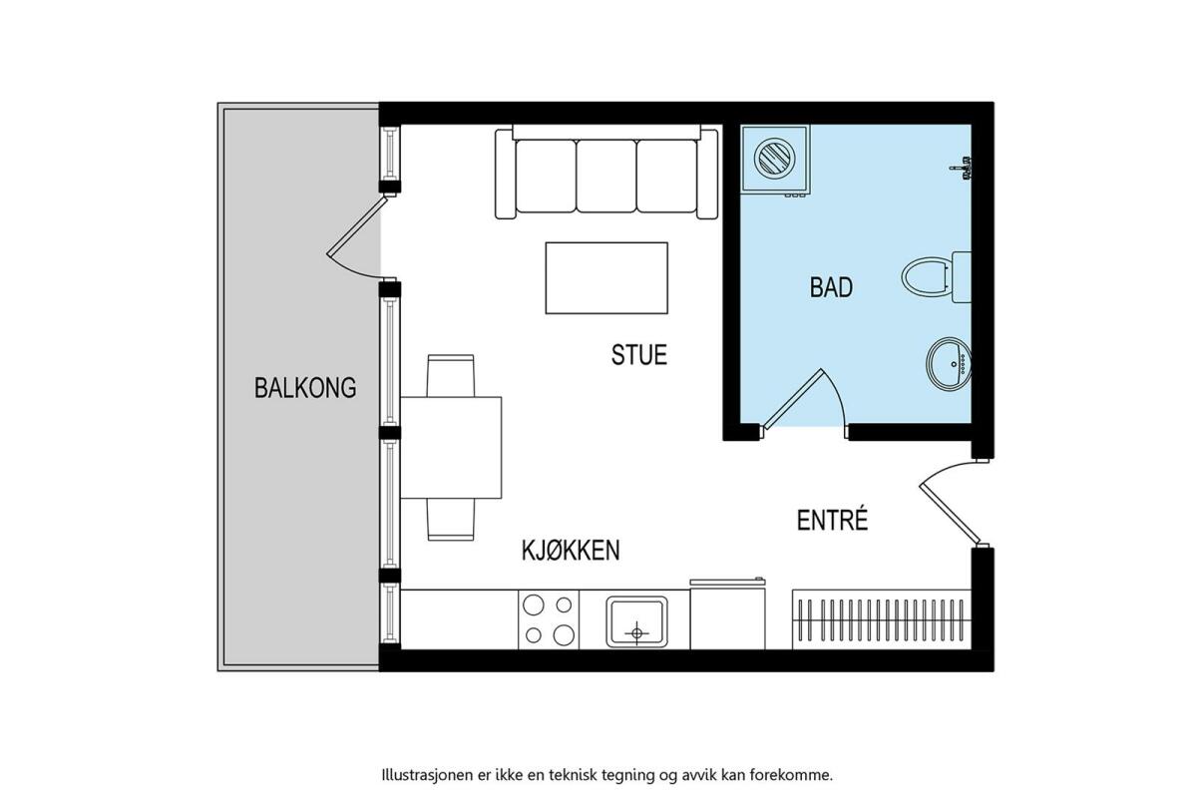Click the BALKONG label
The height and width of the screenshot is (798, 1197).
pyautogui.click(x=305, y=388)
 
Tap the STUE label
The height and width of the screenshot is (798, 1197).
pyautogui.click(x=639, y=355)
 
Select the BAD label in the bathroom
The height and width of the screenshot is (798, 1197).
pyautogui.click(x=831, y=287)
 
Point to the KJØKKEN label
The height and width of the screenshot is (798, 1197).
pyautogui.click(x=571, y=550)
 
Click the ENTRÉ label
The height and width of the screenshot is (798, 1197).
pyautogui.click(x=832, y=520)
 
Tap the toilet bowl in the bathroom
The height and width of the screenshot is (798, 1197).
pyautogui.click(x=927, y=277)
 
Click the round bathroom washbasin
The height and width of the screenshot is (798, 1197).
pyautogui.click(x=949, y=363)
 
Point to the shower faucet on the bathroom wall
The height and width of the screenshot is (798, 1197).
pyautogui.click(x=962, y=169)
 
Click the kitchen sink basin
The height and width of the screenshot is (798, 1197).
pyautogui.click(x=636, y=621)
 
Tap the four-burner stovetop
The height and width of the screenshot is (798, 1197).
pyautogui.click(x=549, y=620)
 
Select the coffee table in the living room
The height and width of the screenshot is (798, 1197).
pyautogui.click(x=606, y=278)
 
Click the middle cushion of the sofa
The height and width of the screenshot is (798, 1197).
pyautogui.click(x=606, y=176)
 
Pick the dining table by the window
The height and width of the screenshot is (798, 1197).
pyautogui.click(x=451, y=447)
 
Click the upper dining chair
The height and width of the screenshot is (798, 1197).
pyautogui.click(x=451, y=375)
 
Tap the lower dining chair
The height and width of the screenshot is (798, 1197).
pyautogui.click(x=451, y=520)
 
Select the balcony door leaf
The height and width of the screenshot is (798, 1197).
pyautogui.click(x=356, y=225)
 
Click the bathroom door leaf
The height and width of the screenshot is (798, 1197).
pyautogui.click(x=794, y=399)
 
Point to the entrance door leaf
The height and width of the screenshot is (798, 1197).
pyautogui.click(x=950, y=515)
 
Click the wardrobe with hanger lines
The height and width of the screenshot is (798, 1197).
pyautogui.click(x=881, y=619)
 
